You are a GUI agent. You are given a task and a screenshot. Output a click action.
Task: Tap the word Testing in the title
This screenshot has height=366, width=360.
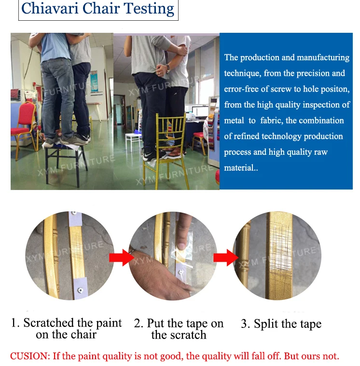click(x=149, y=10)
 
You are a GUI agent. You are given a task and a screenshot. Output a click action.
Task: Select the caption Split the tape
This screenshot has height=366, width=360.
click(x=281, y=324)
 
